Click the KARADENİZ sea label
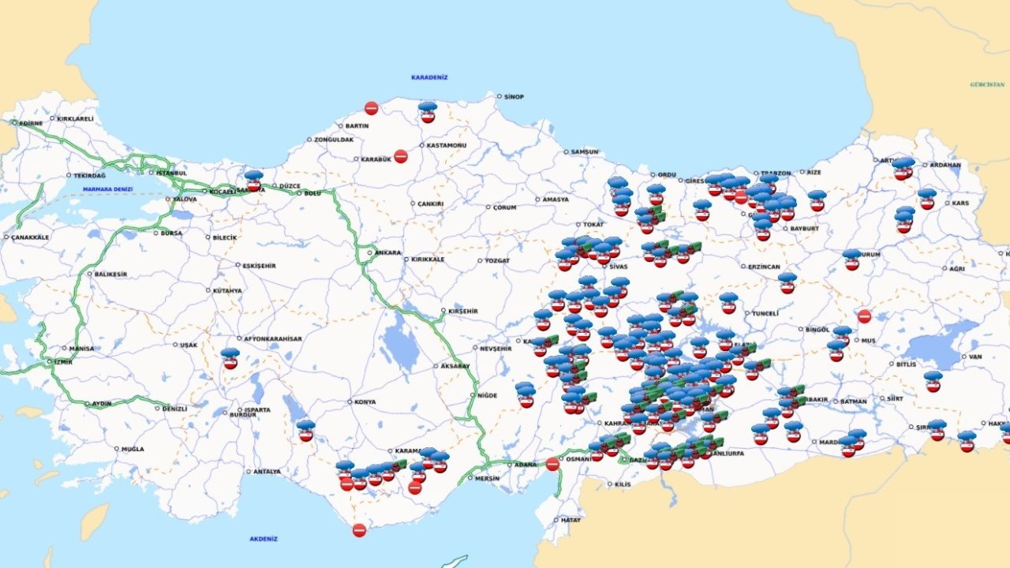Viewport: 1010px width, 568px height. pos(429,77)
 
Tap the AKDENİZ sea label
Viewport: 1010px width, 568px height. pos(264,539)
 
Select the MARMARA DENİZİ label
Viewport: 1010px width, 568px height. pos(108,189)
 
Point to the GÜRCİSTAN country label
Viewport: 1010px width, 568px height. pos(987,84)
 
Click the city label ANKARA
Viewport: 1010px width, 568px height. pos(387,253)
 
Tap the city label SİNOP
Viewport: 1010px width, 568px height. pos(514,97)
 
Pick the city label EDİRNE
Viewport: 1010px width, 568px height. pos(31,123)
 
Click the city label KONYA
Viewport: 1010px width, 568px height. pos(365,402)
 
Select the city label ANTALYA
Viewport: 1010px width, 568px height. pos(267,472)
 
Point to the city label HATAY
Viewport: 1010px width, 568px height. pos(570,520)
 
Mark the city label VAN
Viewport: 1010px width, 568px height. pos(975,357)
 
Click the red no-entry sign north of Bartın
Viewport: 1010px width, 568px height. pos(371,108)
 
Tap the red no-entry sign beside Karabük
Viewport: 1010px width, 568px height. pos(401,156)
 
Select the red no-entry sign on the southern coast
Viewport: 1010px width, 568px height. pos(359,530)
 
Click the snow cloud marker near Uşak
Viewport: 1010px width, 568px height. pos(230,357)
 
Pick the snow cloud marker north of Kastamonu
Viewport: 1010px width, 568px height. pos(427,111)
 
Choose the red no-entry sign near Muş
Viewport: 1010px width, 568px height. pos(864,316)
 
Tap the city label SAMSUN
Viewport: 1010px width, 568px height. pos(585,151)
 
